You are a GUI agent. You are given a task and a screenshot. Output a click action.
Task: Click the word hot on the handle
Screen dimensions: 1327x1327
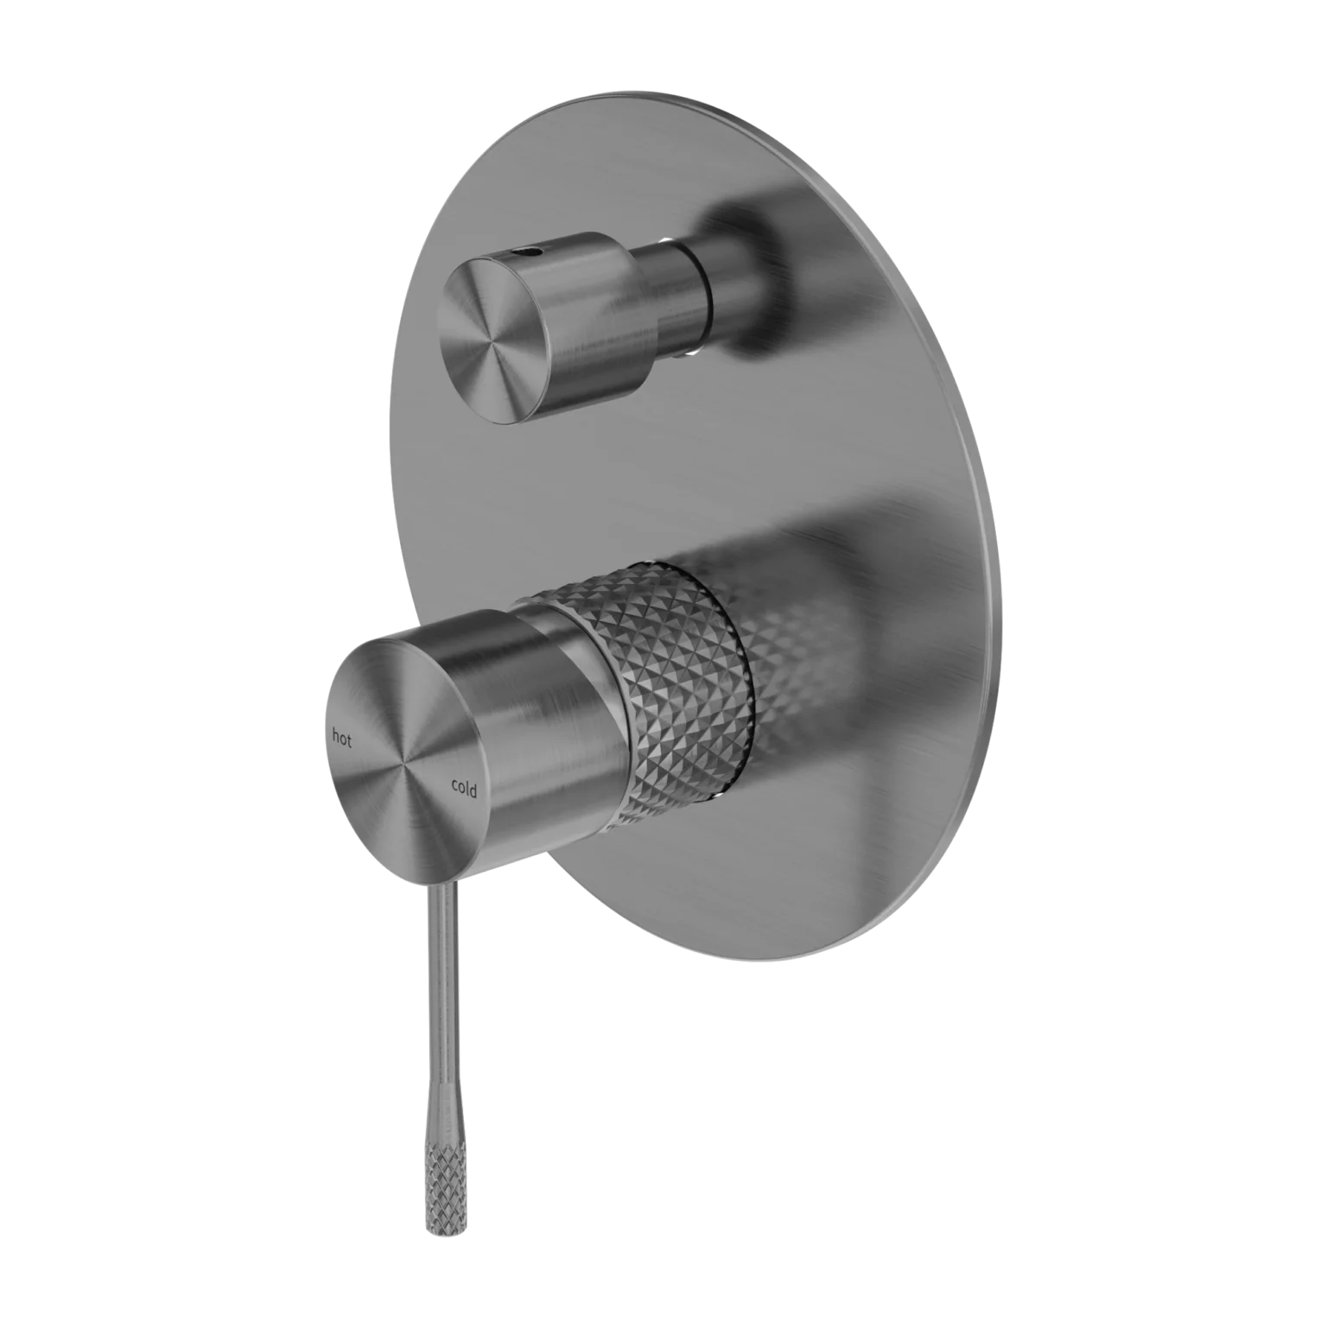(343, 737)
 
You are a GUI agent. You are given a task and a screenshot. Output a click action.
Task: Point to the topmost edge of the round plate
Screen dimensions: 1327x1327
(657, 93)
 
